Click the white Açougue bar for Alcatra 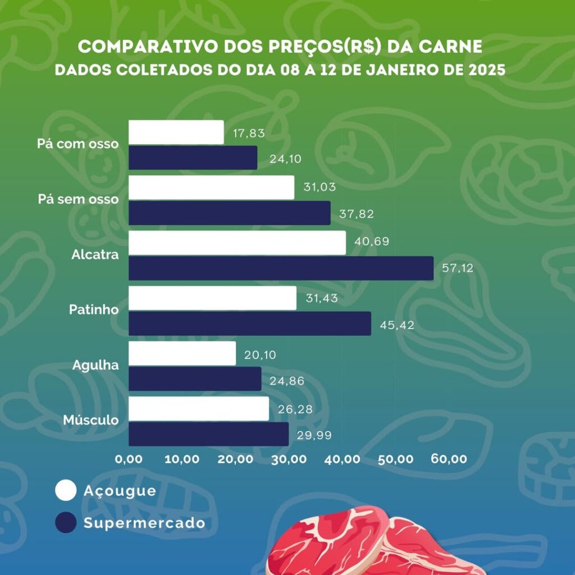tap(237, 243)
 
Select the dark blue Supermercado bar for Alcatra tap(281, 268)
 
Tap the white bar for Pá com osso tap(176, 133)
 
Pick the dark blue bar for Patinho tap(250, 323)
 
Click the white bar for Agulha tap(182, 354)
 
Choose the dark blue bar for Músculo tap(208, 434)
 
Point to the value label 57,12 tap(458, 268)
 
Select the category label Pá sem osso tap(78, 199)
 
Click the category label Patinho tap(94, 309)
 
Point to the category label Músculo tap(90, 420)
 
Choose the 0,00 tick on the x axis tap(129, 459)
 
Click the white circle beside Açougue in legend tap(66, 490)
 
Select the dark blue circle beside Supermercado tap(66, 523)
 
